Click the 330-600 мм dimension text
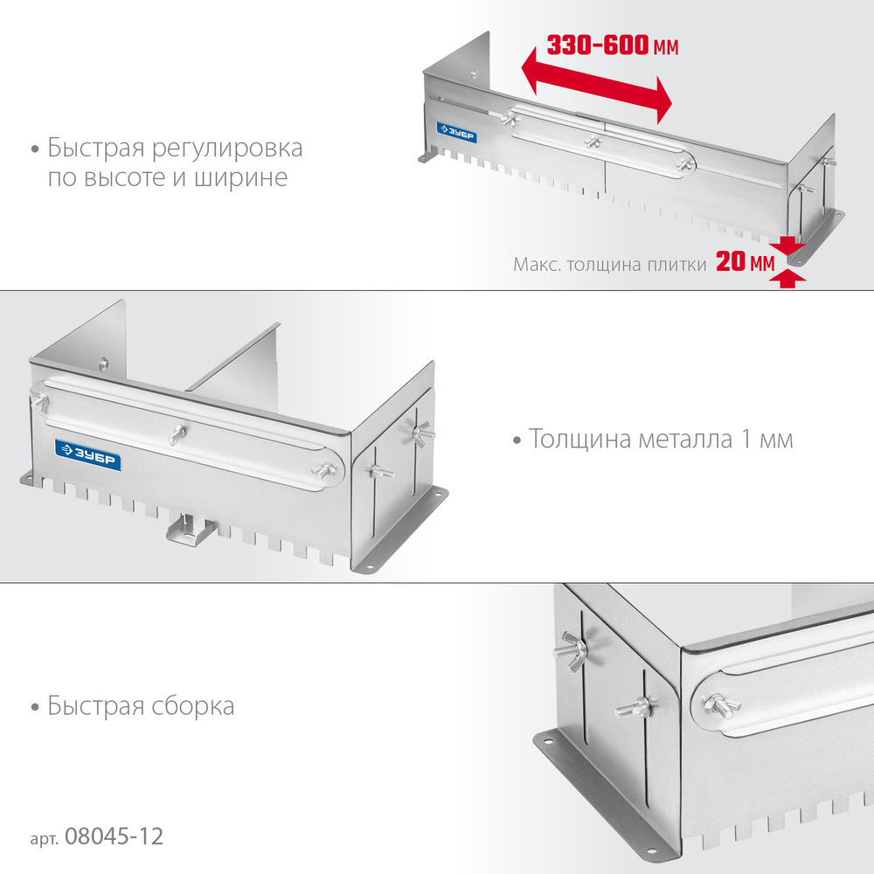(612, 45)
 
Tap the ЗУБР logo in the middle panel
(87, 449)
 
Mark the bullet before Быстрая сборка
(34, 706)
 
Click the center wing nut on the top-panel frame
(593, 142)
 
